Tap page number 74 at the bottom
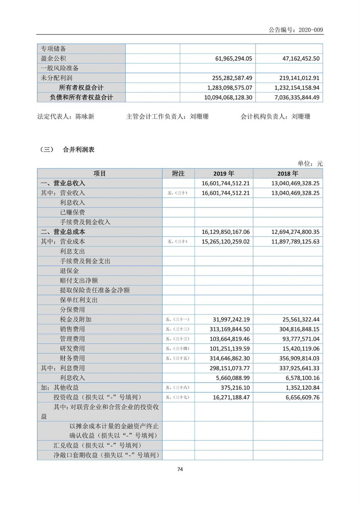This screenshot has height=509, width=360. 180,469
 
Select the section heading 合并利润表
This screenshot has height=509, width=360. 79,150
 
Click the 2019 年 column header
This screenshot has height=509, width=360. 223,174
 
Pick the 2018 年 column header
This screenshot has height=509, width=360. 288,174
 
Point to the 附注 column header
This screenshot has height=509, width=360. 178,174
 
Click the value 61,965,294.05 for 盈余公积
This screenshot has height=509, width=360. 233,58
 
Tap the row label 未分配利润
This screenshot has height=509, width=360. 56,78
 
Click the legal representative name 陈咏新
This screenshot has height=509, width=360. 85,117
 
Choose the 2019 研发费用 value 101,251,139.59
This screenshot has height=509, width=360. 229,349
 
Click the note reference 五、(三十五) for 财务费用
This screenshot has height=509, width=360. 178,358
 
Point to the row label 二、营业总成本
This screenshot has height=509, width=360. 63,232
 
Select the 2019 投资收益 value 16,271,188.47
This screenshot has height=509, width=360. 231,397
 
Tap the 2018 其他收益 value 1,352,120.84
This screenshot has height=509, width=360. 302,388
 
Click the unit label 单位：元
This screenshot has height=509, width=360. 310,164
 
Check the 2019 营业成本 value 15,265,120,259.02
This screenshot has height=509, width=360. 225,242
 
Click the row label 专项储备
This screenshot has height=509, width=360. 53,49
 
